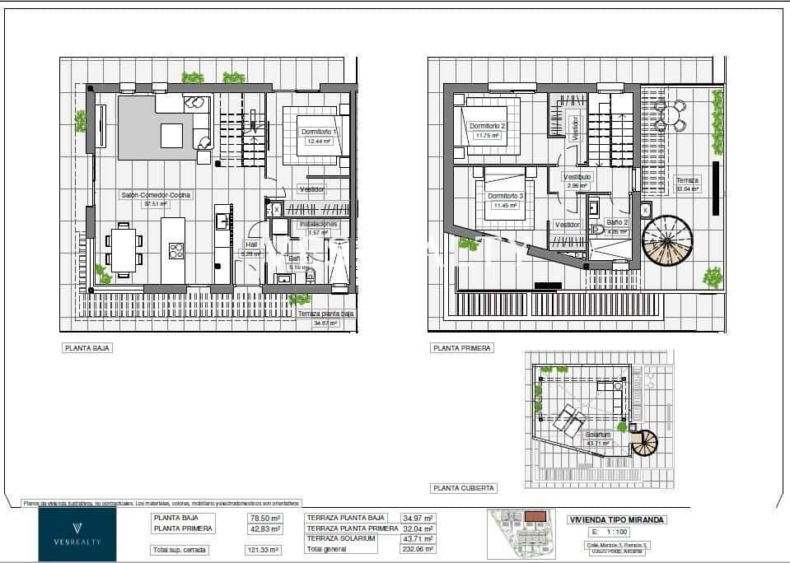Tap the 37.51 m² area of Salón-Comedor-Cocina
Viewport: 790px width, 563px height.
click(156, 204)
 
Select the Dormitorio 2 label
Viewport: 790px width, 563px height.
click(487, 126)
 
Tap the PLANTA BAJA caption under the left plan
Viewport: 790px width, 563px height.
click(87, 348)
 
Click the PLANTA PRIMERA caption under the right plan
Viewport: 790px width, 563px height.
click(462, 348)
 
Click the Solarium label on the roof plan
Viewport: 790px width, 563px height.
click(597, 435)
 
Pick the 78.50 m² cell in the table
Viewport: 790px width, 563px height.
click(264, 519)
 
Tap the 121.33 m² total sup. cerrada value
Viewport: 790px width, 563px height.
click(264, 549)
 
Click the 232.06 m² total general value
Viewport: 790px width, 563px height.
click(418, 548)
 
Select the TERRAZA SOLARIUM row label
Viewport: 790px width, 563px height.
click(341, 538)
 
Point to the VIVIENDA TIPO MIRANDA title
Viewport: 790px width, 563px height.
click(617, 519)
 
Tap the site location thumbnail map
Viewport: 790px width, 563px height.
click(522, 533)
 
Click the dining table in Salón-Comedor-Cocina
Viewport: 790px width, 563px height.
click(124, 249)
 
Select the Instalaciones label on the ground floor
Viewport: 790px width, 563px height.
click(318, 223)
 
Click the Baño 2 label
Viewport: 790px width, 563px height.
click(617, 222)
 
